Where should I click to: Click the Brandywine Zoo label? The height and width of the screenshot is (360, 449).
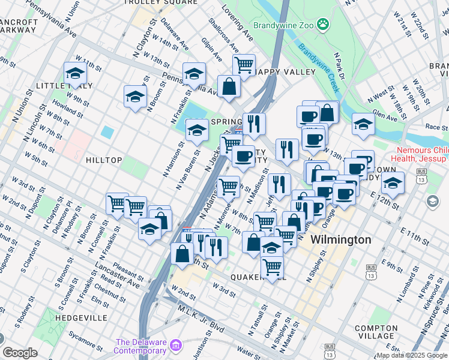283,25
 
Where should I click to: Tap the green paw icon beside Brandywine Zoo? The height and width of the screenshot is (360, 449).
324,25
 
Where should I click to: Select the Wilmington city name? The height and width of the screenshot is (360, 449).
340,240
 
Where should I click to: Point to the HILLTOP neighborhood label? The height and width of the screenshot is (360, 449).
104,160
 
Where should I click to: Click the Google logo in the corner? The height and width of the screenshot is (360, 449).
20,353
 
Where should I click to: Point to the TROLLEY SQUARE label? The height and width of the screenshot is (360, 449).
160,2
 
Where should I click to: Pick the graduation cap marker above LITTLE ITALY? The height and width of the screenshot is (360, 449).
75,74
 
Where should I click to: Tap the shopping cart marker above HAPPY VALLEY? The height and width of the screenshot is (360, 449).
244,64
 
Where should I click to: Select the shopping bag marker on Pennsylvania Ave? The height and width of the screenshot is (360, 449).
229,86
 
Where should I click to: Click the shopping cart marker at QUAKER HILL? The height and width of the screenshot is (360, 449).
273,266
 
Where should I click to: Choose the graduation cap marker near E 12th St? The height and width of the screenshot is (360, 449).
393,182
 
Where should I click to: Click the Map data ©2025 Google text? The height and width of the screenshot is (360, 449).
412,355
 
